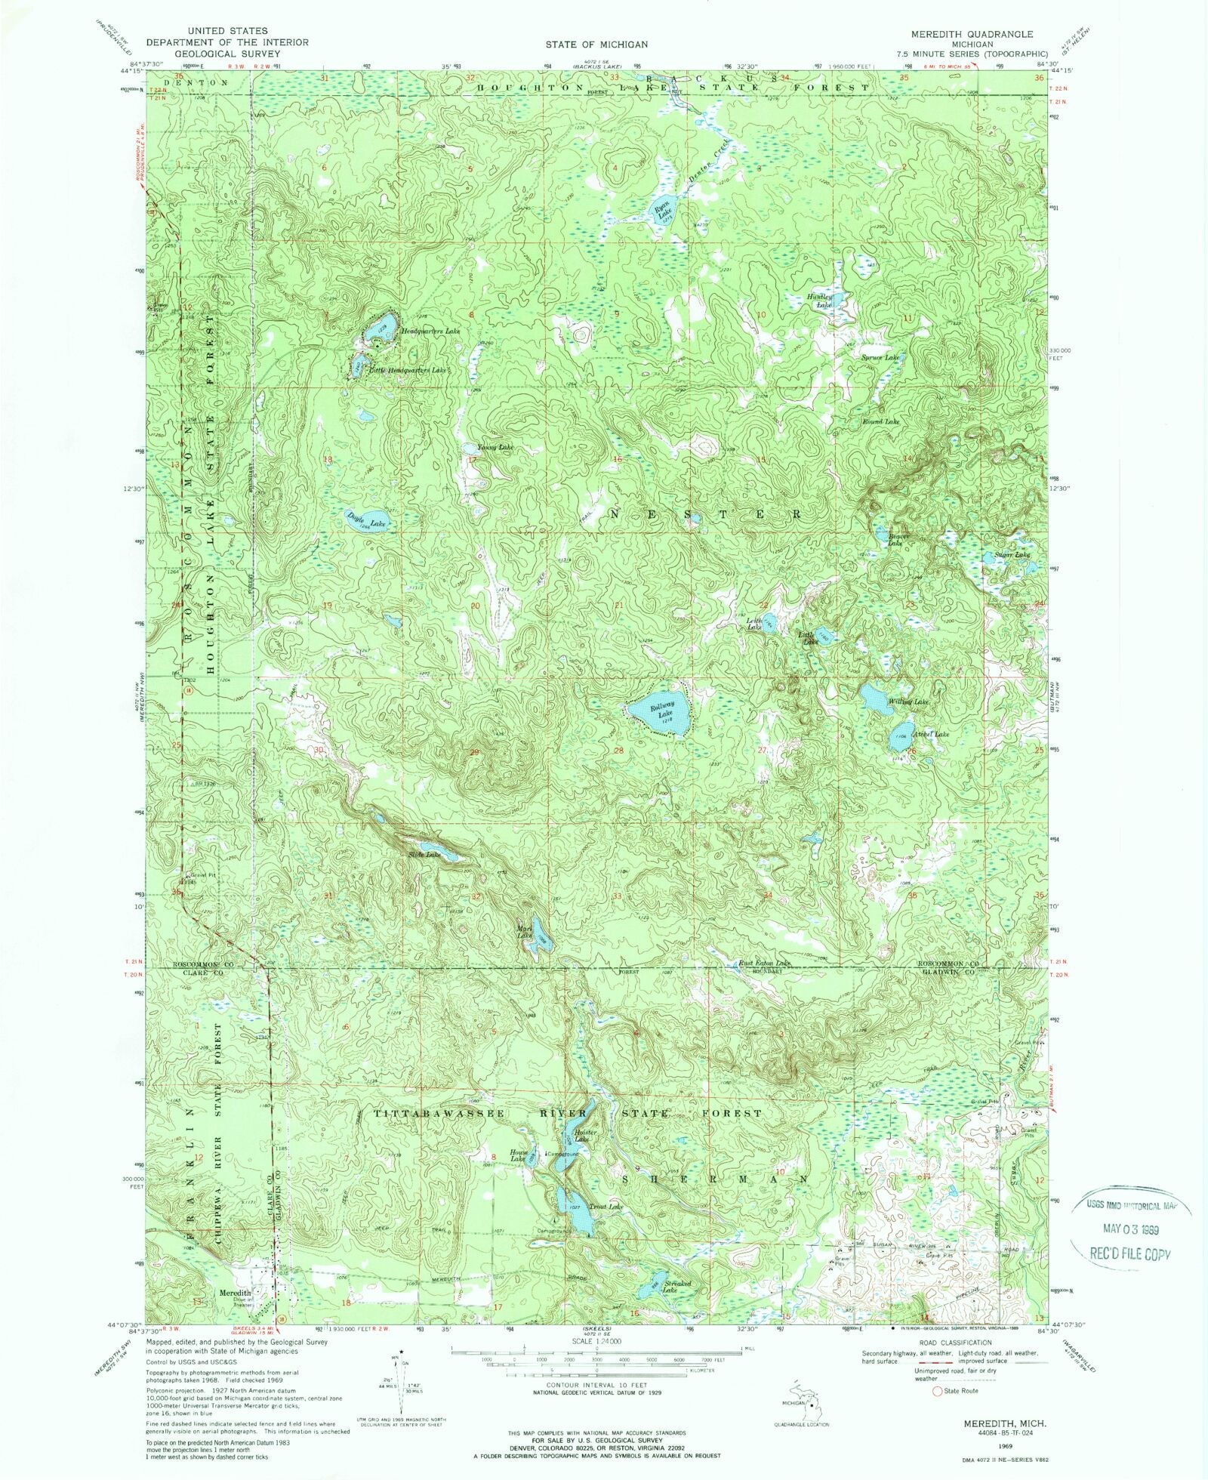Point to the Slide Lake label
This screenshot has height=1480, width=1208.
[x=424, y=855]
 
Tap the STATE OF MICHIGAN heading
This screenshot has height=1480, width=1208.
[x=596, y=45]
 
